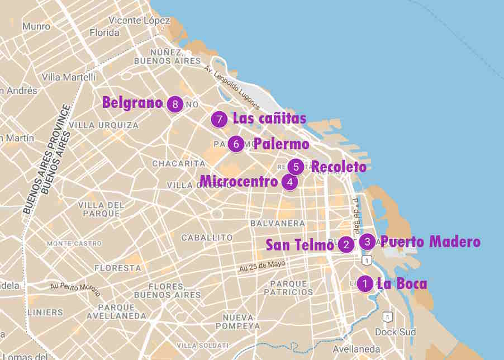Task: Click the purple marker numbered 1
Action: pos(365,284)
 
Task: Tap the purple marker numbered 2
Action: pos(346,244)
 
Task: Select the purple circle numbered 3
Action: pos(367,241)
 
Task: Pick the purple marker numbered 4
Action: pos(289,182)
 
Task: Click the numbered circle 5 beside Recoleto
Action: pos(296,167)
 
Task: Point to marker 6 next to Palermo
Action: pos(236,144)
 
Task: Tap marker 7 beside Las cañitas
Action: pos(220,119)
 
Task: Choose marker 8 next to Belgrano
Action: pos(175,104)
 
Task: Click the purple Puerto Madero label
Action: pos(430,241)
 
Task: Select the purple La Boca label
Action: pos(402,284)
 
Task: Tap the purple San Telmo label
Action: pos(299,245)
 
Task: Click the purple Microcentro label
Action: pos(239,182)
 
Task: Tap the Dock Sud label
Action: pos(395,332)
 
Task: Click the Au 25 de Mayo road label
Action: pos(262,264)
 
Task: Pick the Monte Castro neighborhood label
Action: pos(74,243)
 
